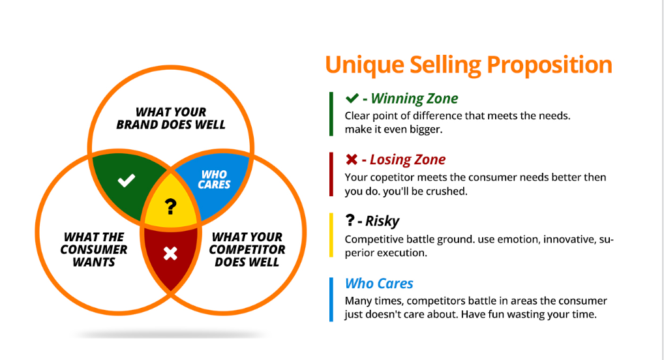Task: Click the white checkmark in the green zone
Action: pos(127,180)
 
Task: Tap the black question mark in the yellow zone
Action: pos(170,207)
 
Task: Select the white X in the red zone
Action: pos(170,253)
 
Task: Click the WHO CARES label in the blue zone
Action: pos(214,179)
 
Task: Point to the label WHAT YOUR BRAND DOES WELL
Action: pos(171,118)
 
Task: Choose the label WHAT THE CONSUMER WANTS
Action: pos(94,250)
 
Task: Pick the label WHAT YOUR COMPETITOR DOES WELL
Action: pos(247,250)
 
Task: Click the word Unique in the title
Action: pos(363,65)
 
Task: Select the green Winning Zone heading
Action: pos(414,99)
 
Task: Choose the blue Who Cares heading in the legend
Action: pos(379,283)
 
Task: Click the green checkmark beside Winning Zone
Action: pos(352,98)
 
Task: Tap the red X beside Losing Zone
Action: pos(352,160)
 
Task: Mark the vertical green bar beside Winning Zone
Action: pos(331,113)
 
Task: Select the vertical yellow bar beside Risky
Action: pos(331,235)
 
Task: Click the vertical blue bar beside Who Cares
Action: pos(331,299)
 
